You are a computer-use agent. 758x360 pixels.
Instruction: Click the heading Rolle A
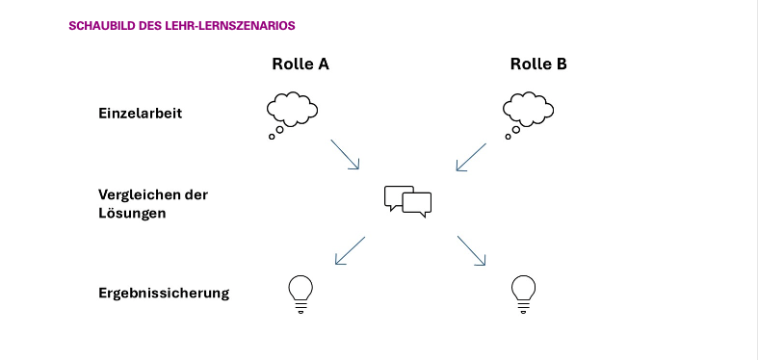pyautogui.click(x=301, y=64)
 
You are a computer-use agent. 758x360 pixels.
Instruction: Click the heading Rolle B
pyautogui.click(x=538, y=64)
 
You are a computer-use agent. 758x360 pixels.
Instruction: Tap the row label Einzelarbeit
pyautogui.click(x=141, y=113)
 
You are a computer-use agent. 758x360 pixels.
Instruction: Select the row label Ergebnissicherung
pyautogui.click(x=164, y=294)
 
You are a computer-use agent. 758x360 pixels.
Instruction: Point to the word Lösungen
pyautogui.click(x=132, y=213)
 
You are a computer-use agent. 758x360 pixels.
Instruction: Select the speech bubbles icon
pyautogui.click(x=407, y=201)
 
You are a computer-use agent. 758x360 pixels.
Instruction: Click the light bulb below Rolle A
pyautogui.click(x=301, y=294)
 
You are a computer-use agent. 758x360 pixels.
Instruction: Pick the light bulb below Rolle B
pyautogui.click(x=524, y=294)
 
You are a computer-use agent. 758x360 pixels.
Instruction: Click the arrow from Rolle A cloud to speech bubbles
pyautogui.click(x=345, y=155)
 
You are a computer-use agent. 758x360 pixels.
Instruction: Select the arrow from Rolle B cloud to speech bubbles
pyautogui.click(x=471, y=157)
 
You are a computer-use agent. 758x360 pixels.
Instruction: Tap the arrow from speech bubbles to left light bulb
pyautogui.click(x=350, y=250)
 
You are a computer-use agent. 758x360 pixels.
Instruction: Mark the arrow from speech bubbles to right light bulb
pyautogui.click(x=471, y=250)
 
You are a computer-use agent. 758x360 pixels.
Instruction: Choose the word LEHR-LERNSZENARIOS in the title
pyautogui.click(x=230, y=26)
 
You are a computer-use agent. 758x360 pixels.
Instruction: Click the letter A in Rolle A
pyautogui.click(x=324, y=64)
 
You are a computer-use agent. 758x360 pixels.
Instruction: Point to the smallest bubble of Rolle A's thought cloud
pyautogui.click(x=272, y=137)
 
